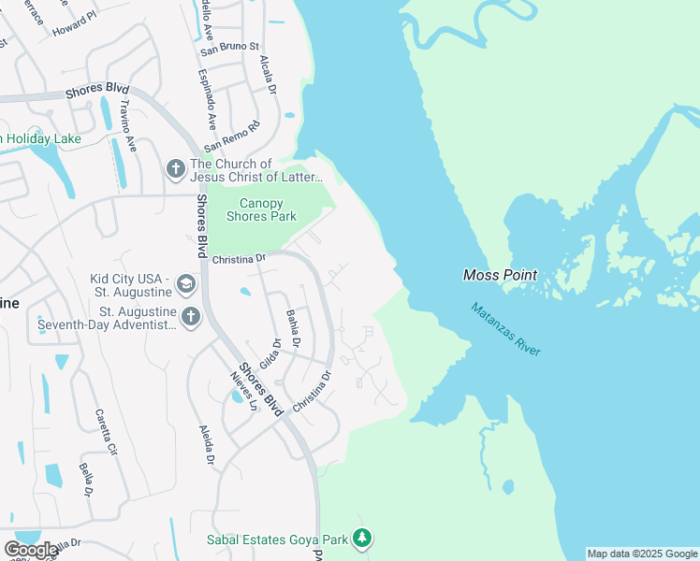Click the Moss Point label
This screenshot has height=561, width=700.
pyautogui.click(x=501, y=275)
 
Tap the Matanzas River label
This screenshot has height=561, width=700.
pyautogui.click(x=505, y=328)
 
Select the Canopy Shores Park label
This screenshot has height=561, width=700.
pyautogui.click(x=261, y=209)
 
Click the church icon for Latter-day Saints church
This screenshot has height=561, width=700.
pyautogui.click(x=175, y=169)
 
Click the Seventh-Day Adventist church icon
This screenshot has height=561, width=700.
pyautogui.click(x=190, y=317)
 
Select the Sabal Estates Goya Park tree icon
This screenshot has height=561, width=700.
pyautogui.click(x=362, y=539)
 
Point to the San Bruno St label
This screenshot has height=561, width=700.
pyautogui.click(x=228, y=47)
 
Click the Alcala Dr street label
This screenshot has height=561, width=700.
pyautogui.click(x=268, y=76)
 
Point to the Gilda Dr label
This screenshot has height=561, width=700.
pyautogui.click(x=270, y=353)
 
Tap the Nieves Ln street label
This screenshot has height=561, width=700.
pyautogui.click(x=243, y=388)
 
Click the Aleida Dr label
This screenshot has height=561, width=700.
pyautogui.click(x=207, y=446)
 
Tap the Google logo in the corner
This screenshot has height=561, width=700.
pyautogui.click(x=30, y=549)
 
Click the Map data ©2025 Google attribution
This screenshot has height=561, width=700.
pyautogui.click(x=642, y=554)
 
